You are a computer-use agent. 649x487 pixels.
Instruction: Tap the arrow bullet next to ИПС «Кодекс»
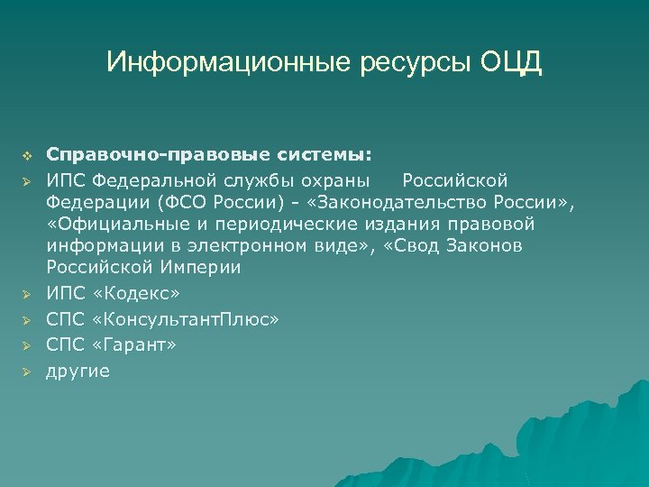pyautogui.click(x=26, y=294)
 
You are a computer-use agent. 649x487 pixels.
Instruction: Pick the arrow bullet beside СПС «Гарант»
pyautogui.click(x=26, y=345)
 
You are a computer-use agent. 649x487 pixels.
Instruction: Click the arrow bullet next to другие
pyautogui.click(x=26, y=370)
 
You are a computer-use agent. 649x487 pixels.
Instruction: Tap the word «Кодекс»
pyautogui.click(x=136, y=294)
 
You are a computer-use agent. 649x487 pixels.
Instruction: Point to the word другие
pyautogui.click(x=78, y=370)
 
